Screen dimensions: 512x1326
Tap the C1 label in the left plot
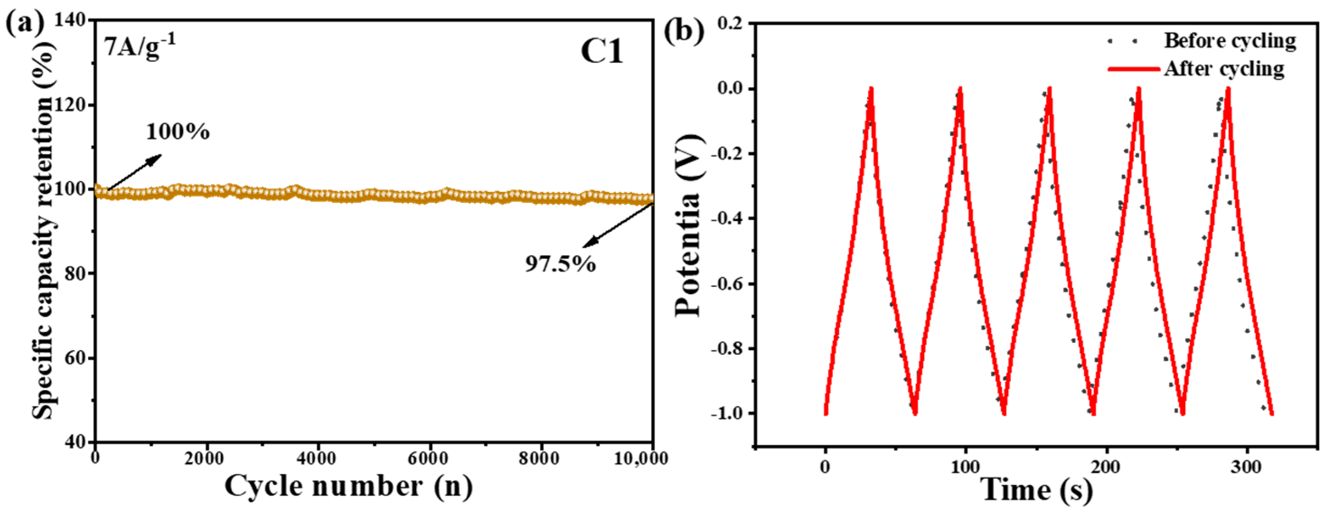coord(602,52)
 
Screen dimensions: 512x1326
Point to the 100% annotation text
coord(178,132)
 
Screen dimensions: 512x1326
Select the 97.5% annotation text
coord(560,264)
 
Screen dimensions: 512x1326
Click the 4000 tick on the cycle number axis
coord(318,458)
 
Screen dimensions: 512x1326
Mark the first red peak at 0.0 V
coord(871,89)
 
